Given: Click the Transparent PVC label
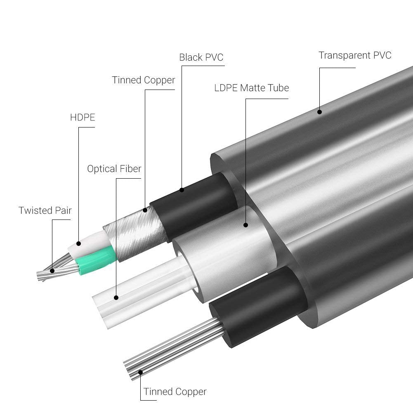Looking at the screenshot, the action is coord(355,55).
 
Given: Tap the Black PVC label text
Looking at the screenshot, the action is coord(201,57).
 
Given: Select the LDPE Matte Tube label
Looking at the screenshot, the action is coord(252,88).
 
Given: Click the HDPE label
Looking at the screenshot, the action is coord(83,117).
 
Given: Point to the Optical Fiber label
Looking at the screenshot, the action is coord(114,169).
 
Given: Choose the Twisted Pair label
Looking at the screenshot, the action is coord(45,210).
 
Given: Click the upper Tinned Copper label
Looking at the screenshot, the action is coord(144,80).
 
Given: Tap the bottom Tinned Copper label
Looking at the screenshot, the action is coord(175,392).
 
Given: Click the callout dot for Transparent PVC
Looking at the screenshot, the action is coord(319,112).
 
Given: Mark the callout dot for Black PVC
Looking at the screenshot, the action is coord(182,190).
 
